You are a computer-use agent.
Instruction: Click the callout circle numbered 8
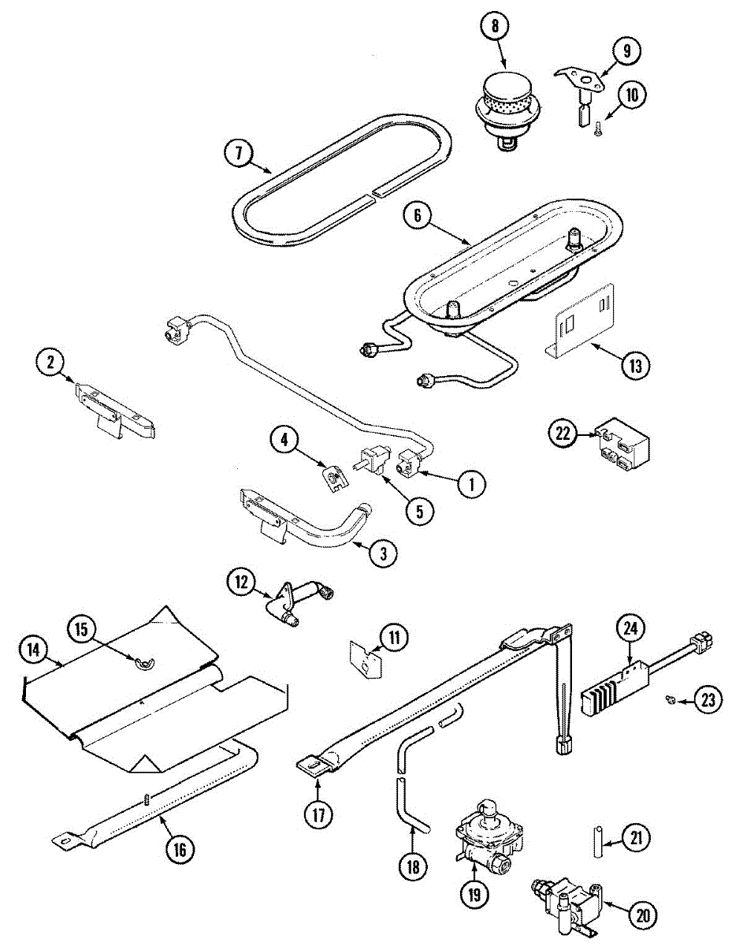click(495, 26)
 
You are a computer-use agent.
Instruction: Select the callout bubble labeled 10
click(631, 96)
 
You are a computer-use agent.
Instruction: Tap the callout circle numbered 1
click(471, 484)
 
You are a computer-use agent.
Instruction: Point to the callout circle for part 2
click(50, 363)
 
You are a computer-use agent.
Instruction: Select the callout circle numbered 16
click(180, 848)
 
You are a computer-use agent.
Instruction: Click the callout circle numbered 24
click(632, 628)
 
